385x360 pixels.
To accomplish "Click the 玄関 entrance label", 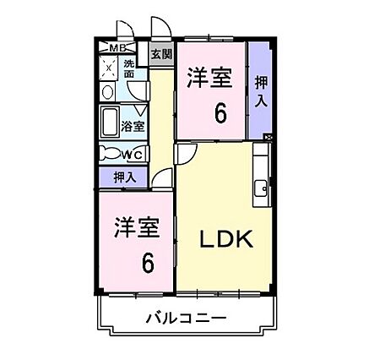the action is coord(161,54).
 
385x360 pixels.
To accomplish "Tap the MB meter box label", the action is coord(117,48).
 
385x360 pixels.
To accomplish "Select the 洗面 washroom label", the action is coord(129,68).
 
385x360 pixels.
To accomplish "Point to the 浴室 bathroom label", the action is coord(133,126).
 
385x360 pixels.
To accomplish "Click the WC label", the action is coord(132,155).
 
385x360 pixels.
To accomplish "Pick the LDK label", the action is coord(226,239).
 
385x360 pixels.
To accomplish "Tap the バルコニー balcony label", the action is coord(187,319).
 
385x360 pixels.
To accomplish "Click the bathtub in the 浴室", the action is coord(110,123).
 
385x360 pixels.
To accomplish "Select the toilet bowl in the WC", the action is coord(111,153).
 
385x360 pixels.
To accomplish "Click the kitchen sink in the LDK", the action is coord(261,188).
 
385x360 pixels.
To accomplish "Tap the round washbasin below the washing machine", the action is coord(107,92).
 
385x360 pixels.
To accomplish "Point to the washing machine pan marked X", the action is coord(108,68).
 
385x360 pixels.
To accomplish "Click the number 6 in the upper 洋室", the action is coord(220,112).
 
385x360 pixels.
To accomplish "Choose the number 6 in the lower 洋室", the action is coord(148,263).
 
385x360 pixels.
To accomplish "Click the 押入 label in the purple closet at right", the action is coord(261,91).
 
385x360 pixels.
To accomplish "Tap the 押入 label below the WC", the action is coord(125,177).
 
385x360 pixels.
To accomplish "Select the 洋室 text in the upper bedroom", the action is coord(209,77).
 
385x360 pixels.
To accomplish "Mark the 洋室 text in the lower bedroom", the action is coord(137,227).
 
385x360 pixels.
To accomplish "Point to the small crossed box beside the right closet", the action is coord(268,137).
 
